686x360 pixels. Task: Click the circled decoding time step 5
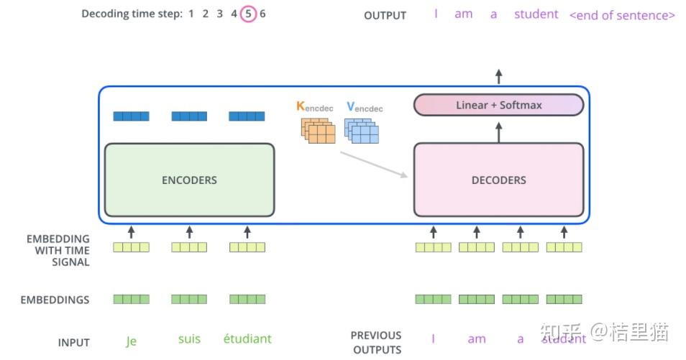tap(248, 14)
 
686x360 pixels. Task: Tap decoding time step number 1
tap(191, 14)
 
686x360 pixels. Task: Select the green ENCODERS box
tap(189, 180)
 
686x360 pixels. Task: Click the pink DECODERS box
tap(498, 180)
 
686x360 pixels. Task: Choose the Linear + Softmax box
tap(498, 105)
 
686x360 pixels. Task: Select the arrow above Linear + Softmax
tap(498, 77)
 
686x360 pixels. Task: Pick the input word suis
tap(189, 338)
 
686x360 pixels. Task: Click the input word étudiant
tap(247, 338)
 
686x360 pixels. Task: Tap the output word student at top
tap(536, 14)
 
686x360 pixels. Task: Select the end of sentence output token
tap(622, 15)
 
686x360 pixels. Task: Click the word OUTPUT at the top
tap(385, 15)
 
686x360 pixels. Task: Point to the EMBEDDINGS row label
tap(55, 300)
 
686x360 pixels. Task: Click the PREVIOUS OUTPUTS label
tap(376, 342)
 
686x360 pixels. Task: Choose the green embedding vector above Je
tap(131, 299)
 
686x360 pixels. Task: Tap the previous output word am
tap(476, 339)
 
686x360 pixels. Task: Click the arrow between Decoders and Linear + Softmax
tap(498, 130)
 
